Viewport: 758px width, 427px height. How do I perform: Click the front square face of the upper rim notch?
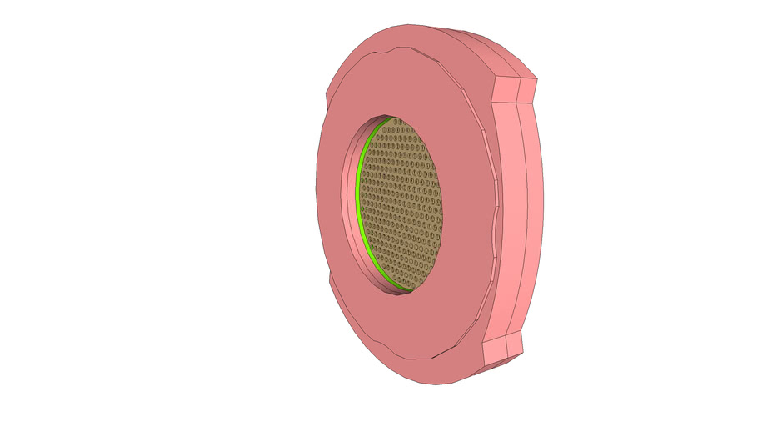[x=507, y=91]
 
